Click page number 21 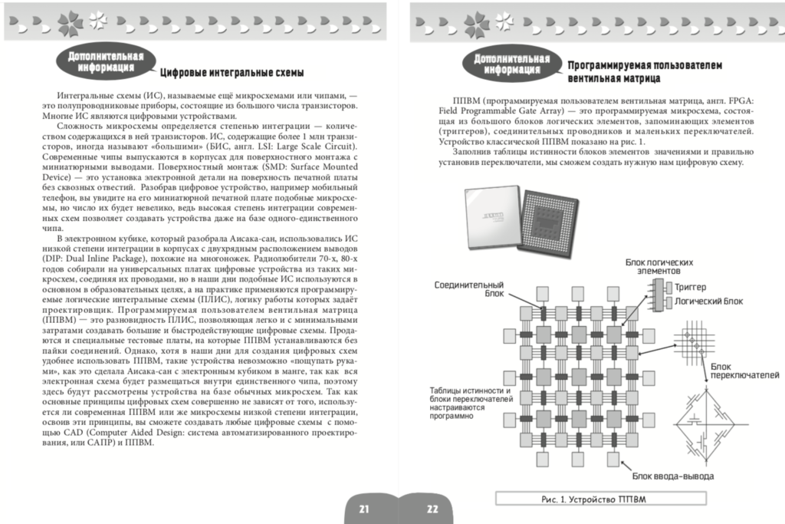363,509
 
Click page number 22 432,509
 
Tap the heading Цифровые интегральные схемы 231,73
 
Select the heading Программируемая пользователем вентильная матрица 645,72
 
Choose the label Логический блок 705,302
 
